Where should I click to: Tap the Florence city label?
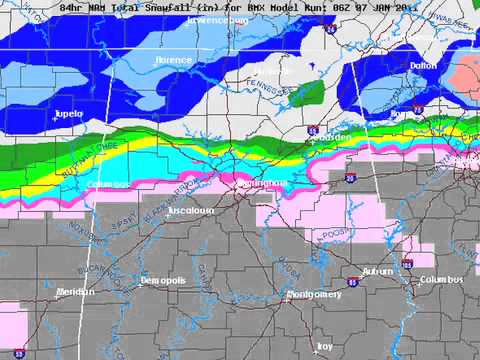[x=172, y=60]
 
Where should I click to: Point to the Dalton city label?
[x=424, y=65]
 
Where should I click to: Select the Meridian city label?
[x=74, y=292]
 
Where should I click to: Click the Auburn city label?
[x=377, y=271]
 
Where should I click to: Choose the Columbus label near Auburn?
[x=441, y=280]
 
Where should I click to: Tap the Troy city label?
[x=325, y=346]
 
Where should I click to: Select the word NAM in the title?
[x=98, y=6]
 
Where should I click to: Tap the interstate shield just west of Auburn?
[x=355, y=282]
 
